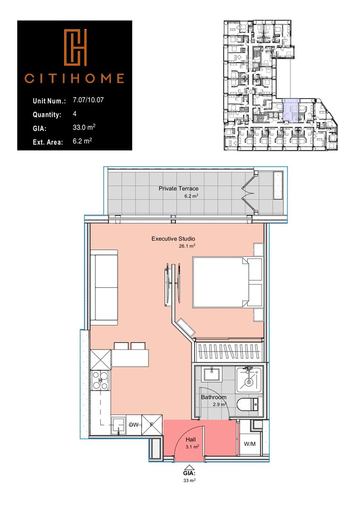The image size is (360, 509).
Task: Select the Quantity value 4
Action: [x=75, y=114]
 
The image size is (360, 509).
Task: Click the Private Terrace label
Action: [x=175, y=189]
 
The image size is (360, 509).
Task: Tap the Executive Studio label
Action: [x=173, y=239]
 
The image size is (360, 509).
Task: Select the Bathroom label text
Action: [x=213, y=397]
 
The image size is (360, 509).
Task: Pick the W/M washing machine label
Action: [x=249, y=444]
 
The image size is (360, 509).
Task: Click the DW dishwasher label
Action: [x=134, y=425]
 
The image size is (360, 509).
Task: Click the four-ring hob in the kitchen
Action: [x=100, y=380]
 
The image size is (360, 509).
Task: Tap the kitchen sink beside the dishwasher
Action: [x=117, y=426]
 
